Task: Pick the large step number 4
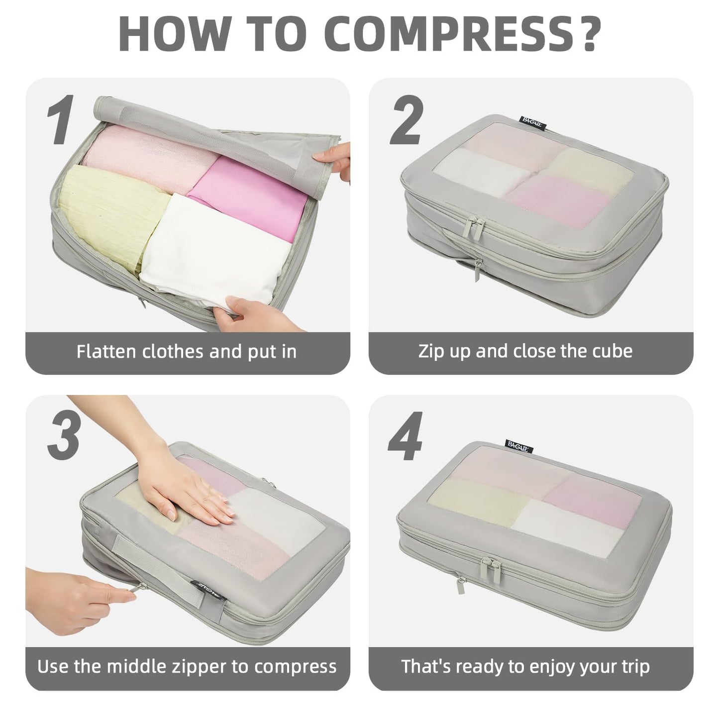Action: [x=405, y=437]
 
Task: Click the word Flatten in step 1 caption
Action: [x=106, y=351]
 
